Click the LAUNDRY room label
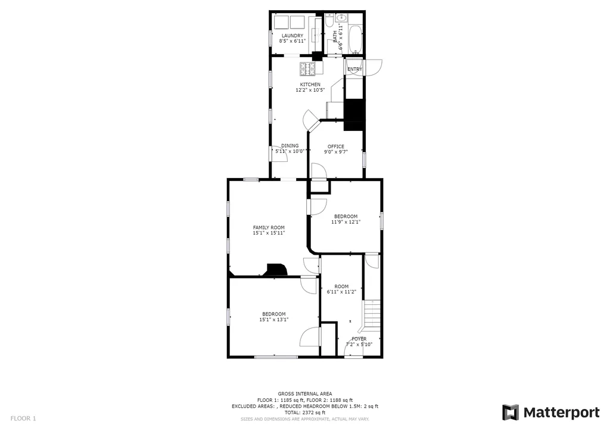292,35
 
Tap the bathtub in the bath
356,40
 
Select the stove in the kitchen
307,69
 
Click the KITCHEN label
310,85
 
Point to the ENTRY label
354,69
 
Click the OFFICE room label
336,146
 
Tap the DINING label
290,146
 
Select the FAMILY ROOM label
269,227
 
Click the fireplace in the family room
276,270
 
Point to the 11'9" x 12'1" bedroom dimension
346,222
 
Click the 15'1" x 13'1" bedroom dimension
274,320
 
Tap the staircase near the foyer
372,314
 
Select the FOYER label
359,339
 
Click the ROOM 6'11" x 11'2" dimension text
341,292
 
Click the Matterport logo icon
511,413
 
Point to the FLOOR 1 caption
23,418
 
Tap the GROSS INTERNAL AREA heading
305,393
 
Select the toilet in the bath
329,21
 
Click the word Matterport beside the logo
561,413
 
